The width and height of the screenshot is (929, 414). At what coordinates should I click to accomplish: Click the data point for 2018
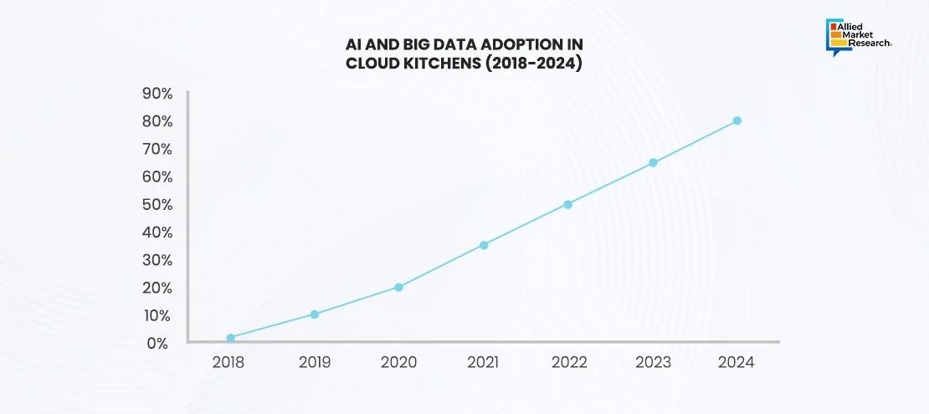[x=230, y=338]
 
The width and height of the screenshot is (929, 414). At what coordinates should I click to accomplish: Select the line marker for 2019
[x=315, y=314]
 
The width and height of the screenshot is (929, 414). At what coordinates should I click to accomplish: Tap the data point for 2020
[x=398, y=287]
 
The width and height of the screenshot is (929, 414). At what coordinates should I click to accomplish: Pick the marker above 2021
[x=484, y=245]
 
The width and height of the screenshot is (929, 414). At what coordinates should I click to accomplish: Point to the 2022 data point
[x=567, y=204]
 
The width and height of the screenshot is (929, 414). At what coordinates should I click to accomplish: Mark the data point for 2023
[x=653, y=162]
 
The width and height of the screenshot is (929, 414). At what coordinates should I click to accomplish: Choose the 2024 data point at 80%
[x=737, y=120]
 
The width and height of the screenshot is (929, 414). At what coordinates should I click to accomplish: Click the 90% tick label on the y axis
[x=157, y=94]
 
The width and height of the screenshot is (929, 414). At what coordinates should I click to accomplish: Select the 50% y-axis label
[x=157, y=205]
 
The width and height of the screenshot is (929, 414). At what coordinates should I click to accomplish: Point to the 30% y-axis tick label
[x=157, y=260]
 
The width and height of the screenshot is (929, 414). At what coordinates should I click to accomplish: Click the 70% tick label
[x=157, y=149]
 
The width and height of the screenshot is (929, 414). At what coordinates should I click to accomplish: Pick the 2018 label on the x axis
[x=229, y=363]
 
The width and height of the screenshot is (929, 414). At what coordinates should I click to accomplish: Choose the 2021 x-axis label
[x=483, y=363]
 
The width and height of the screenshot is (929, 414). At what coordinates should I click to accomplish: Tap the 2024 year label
[x=737, y=363]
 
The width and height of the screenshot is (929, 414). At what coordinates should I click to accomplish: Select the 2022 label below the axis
[x=568, y=363]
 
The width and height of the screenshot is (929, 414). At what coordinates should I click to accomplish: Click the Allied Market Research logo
[x=858, y=38]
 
